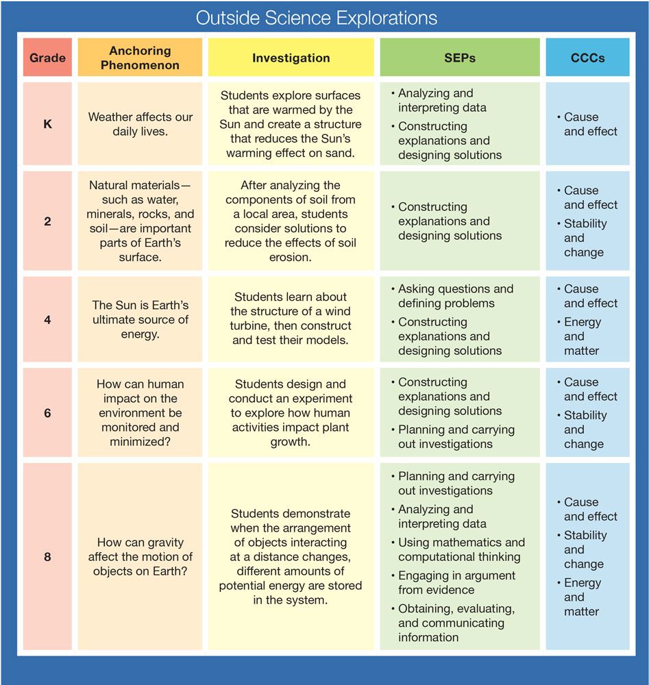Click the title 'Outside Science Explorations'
(x=317, y=18)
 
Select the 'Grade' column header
(x=47, y=58)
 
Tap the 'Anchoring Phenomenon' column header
(x=140, y=58)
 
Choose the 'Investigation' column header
(x=291, y=58)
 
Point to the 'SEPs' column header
(x=460, y=58)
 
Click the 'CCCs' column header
(x=588, y=58)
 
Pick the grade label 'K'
(x=48, y=124)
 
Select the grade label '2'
(x=48, y=221)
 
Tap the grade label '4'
(x=48, y=320)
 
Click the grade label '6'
(x=48, y=413)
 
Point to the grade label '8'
(x=48, y=556)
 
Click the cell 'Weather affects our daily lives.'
(x=140, y=124)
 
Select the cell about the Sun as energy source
(x=140, y=319)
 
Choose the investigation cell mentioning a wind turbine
(x=291, y=319)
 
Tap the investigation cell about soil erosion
(x=291, y=221)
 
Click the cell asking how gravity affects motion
(x=140, y=556)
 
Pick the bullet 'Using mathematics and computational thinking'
(x=458, y=549)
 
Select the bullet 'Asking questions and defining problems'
(x=453, y=296)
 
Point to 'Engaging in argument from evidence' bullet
(x=454, y=583)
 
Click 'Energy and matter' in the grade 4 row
(x=580, y=336)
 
